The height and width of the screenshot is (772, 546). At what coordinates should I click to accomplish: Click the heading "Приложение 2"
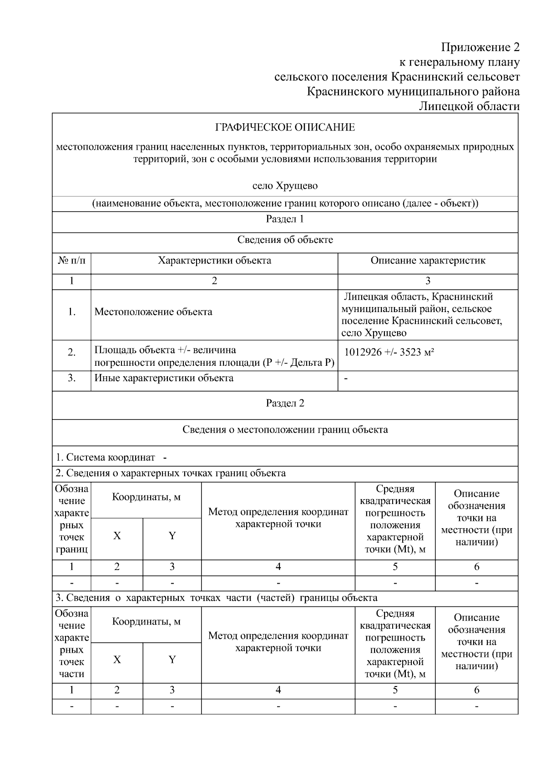(x=480, y=47)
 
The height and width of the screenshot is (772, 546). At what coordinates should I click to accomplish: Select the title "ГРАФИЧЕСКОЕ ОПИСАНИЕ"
(x=285, y=127)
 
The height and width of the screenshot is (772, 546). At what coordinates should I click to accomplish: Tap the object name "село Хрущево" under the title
(x=285, y=186)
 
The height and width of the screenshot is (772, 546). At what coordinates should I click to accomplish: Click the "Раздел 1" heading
(x=285, y=219)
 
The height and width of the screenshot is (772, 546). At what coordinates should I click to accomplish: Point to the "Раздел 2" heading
(x=285, y=404)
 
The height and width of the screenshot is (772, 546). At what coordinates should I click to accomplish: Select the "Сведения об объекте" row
(x=285, y=240)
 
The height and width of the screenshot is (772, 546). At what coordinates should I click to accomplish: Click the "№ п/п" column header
(x=71, y=261)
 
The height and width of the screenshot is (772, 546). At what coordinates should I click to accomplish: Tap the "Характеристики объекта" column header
(x=214, y=261)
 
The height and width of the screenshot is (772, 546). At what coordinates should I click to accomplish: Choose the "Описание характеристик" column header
(x=428, y=261)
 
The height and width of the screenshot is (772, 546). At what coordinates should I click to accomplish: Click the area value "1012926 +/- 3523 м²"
(x=389, y=352)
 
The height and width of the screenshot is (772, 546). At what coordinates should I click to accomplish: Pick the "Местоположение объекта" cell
(x=153, y=312)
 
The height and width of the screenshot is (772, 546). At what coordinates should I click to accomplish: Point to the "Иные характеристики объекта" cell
(x=164, y=378)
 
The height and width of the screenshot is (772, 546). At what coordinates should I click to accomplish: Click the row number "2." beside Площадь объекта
(x=71, y=353)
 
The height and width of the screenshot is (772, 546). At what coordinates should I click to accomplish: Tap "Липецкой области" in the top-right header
(x=469, y=106)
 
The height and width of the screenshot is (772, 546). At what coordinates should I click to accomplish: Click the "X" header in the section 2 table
(x=117, y=536)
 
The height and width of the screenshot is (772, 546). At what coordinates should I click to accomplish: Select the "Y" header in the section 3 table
(x=172, y=660)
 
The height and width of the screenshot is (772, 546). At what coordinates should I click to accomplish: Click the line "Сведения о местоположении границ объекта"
(x=285, y=430)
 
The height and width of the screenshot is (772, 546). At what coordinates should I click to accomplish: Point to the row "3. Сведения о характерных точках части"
(x=216, y=598)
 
